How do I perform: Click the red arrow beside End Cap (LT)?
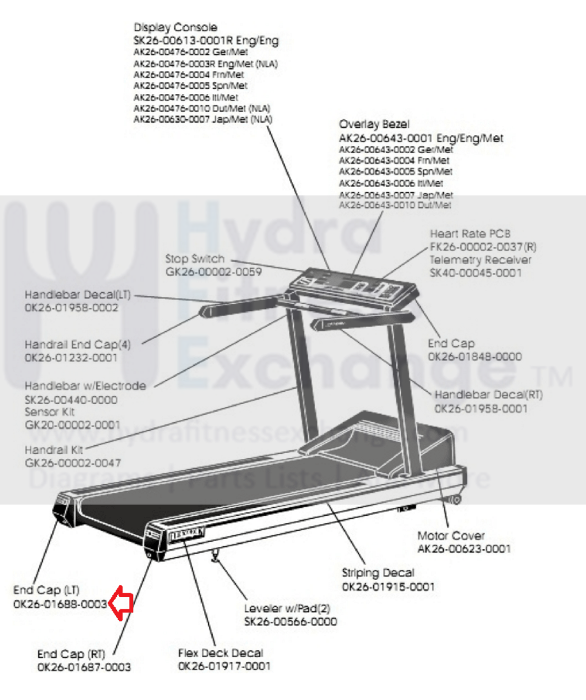(121, 603)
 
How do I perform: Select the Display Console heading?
(175, 27)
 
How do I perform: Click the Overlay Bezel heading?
(374, 125)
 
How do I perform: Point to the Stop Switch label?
(195, 259)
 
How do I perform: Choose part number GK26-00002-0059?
(214, 272)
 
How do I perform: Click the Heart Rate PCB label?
(470, 234)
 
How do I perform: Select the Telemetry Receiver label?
(480, 260)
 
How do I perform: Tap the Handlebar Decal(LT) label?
(78, 295)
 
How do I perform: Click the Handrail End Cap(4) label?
(78, 345)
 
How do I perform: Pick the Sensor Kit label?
(49, 412)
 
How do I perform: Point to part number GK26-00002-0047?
(73, 462)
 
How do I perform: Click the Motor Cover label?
(451, 536)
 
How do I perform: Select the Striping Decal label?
(378, 573)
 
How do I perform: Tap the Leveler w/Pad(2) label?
(287, 609)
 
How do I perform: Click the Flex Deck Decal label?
(220, 653)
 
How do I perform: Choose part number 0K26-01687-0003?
(84, 667)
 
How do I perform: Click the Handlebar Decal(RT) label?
(488, 394)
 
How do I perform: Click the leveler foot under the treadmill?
(215, 557)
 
